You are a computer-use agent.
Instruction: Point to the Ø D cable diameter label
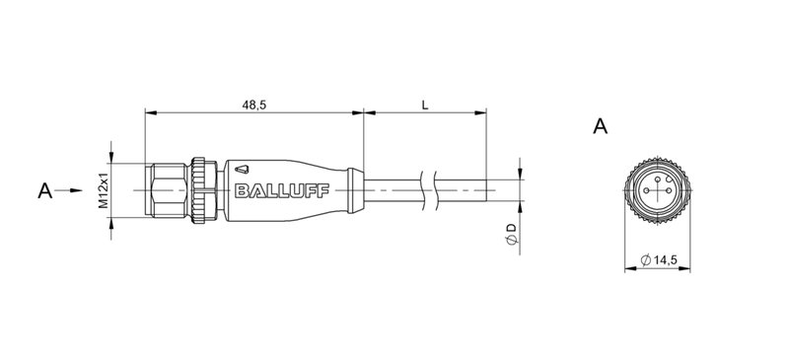(510, 235)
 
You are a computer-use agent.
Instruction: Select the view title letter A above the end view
(600, 126)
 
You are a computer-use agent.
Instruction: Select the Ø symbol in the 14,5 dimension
(643, 261)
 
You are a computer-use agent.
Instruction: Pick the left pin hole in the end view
(646, 190)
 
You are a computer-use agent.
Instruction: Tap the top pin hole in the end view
(656, 180)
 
